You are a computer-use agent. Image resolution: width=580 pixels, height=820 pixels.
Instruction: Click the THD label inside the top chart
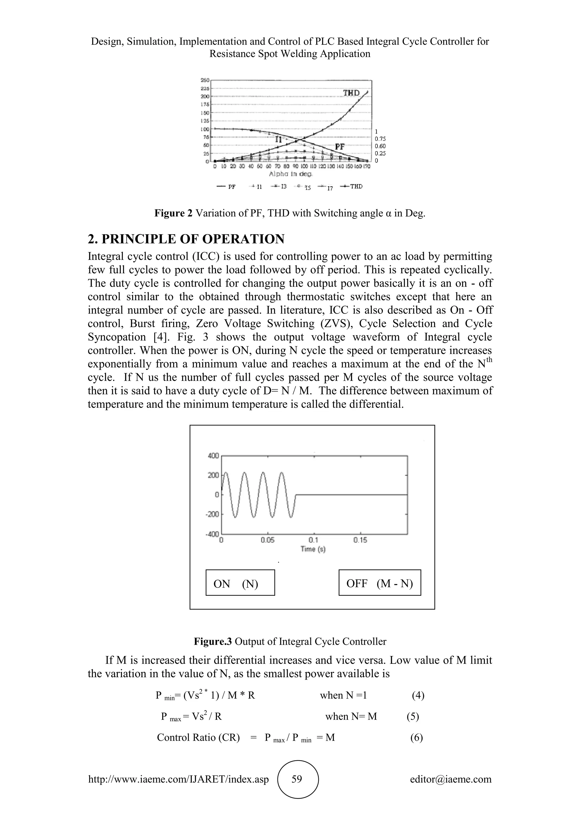351,93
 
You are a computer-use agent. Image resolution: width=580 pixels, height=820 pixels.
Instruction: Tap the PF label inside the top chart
340,146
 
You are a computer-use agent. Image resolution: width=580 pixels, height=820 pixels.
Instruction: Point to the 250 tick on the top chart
205,80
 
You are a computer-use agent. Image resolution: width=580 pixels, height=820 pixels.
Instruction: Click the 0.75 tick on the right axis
380,139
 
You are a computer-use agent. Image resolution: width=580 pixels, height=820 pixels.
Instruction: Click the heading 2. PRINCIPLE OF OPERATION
186,239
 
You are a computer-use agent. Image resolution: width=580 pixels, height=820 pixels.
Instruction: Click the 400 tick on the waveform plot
213,456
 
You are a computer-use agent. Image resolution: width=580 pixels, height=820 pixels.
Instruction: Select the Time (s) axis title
313,549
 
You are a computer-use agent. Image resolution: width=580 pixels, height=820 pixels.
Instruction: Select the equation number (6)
416,738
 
